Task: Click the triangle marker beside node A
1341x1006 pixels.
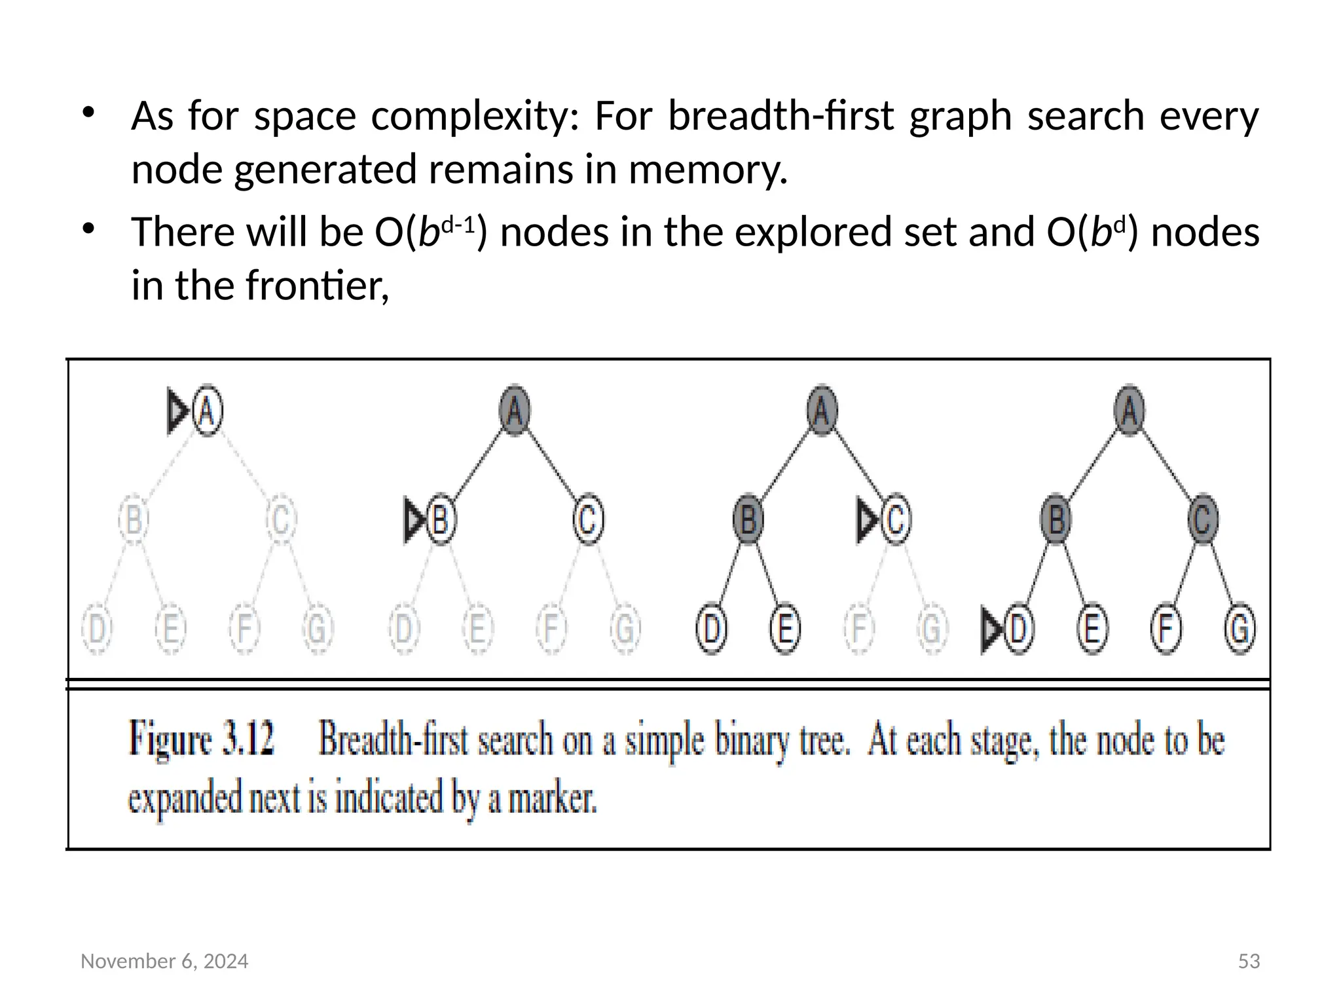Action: click(177, 411)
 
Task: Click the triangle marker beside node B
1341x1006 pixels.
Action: click(414, 521)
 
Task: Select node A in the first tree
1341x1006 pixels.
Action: click(208, 411)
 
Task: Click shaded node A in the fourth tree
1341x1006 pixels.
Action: click(1130, 411)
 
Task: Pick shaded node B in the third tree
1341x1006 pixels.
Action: click(748, 521)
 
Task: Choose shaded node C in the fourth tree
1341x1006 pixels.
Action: click(1203, 520)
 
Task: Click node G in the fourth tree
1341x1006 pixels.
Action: click(1240, 629)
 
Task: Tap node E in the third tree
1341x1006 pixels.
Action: click(785, 629)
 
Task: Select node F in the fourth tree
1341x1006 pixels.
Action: click(1166, 629)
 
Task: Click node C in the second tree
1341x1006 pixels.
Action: click(588, 521)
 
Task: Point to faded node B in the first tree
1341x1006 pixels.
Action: click(134, 521)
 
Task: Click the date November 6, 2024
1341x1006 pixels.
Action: click(164, 961)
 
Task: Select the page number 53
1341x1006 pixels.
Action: click(1249, 961)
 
